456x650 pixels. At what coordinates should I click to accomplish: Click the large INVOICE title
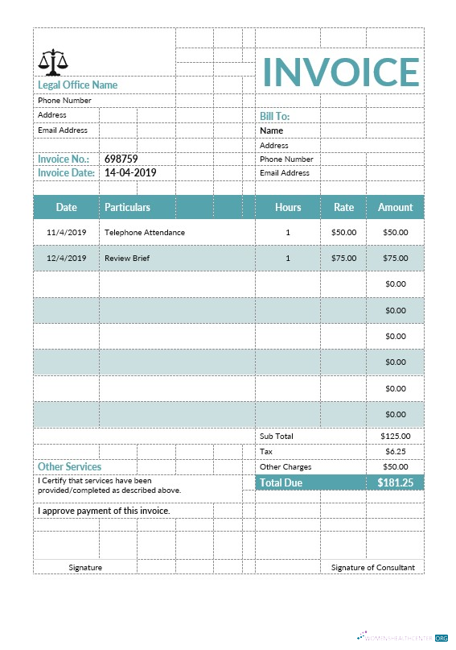click(x=341, y=72)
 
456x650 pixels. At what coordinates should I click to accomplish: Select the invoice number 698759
click(x=121, y=159)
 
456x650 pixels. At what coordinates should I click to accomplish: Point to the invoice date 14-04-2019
click(x=130, y=172)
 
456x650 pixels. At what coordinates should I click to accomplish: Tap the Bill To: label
click(x=274, y=116)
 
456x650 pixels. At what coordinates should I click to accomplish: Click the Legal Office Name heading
click(x=77, y=85)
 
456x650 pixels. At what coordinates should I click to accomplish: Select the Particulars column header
click(x=127, y=207)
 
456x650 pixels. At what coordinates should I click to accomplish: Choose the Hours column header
click(x=288, y=207)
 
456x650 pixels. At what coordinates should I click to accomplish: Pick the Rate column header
click(x=343, y=207)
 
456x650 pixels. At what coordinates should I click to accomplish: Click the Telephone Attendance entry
click(x=145, y=232)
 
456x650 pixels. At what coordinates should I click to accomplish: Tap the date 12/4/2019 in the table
click(x=66, y=259)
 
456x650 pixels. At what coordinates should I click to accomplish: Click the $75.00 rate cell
click(x=343, y=259)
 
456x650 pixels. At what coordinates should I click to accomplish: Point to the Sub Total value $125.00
click(x=395, y=436)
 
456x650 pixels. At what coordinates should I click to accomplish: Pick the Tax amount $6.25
click(x=395, y=451)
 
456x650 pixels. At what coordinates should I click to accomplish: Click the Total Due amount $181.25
click(x=395, y=482)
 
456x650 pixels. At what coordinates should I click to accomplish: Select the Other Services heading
click(x=69, y=466)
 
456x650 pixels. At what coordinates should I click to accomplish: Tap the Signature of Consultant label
click(x=372, y=567)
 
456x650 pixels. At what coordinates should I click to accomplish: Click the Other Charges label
click(x=286, y=466)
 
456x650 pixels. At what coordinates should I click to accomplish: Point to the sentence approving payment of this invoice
click(x=104, y=511)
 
